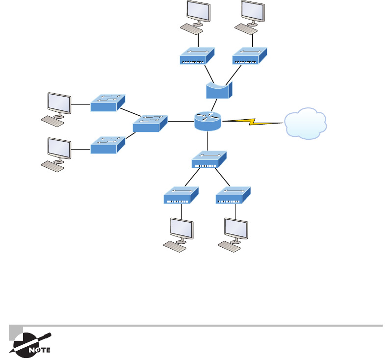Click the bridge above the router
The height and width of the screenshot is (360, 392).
218,91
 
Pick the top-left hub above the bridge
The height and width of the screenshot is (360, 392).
197,56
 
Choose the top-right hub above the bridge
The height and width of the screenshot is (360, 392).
250,56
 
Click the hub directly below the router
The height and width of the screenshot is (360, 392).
209,160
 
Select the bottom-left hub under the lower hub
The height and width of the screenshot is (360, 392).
181,195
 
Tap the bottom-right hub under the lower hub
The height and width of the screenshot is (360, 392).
233,195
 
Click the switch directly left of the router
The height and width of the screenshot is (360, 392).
150,123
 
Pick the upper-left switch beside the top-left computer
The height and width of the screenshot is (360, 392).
108,102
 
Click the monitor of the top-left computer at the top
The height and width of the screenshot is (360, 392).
198,12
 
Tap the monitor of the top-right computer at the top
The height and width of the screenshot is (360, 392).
253,12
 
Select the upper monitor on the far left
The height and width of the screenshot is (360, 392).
59,103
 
